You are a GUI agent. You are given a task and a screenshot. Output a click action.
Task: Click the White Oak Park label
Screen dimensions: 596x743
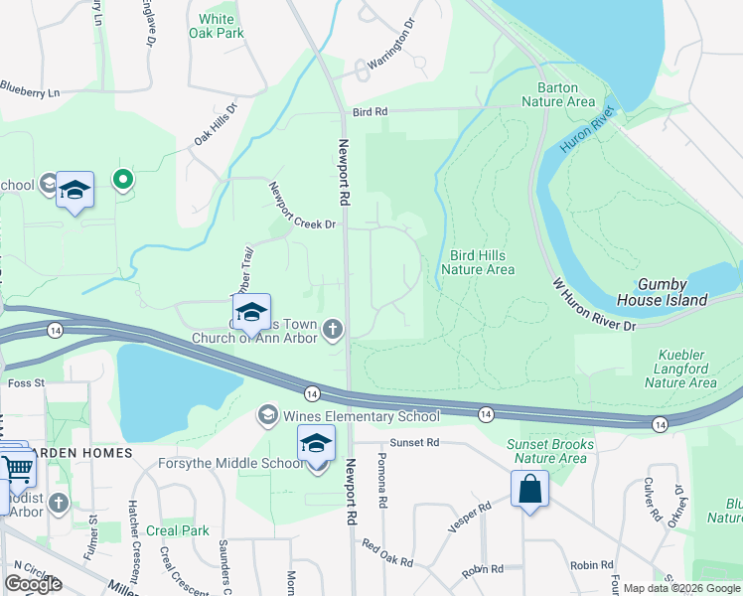tap(217, 26)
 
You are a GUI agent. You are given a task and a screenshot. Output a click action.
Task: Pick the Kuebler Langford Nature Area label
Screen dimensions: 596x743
tap(686, 369)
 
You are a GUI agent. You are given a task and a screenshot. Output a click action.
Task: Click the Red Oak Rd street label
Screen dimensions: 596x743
tap(386, 553)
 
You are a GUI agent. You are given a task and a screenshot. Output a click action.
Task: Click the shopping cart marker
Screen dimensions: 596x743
tap(16, 468)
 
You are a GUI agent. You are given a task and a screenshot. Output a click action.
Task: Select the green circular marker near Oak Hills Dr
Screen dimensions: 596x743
tap(123, 180)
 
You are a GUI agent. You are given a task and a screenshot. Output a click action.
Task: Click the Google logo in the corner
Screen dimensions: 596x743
tap(33, 583)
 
